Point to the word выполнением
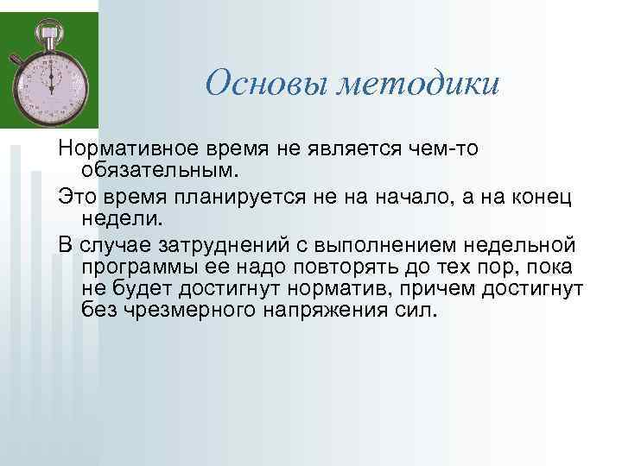(380, 242)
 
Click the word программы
(137, 264)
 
